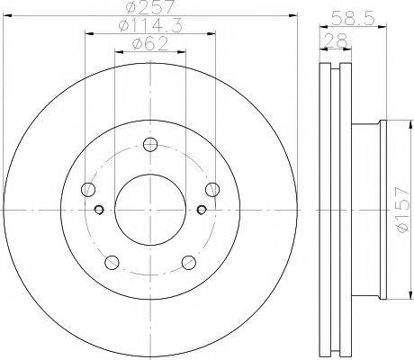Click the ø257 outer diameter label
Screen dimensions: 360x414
pyautogui.click(x=149, y=9)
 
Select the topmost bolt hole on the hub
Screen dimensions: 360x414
pyautogui.click(x=150, y=143)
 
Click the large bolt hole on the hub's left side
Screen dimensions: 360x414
pyautogui.click(x=88, y=189)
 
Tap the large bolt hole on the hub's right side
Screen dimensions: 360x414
pyautogui.click(x=212, y=188)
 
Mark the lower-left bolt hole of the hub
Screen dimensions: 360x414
pyautogui.click(x=112, y=262)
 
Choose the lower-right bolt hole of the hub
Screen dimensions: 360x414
pyautogui.click(x=189, y=262)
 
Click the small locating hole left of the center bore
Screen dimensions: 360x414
pyautogui.click(x=100, y=211)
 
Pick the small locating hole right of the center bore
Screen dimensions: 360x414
pyautogui.click(x=201, y=211)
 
